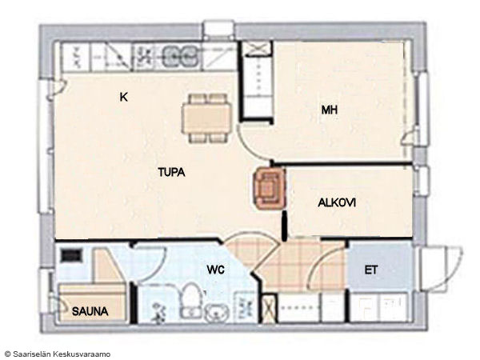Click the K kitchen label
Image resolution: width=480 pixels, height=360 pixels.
tap(124, 98)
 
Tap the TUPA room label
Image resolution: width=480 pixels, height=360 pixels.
tap(171, 172)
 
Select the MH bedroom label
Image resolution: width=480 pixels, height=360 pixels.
tap(330, 110)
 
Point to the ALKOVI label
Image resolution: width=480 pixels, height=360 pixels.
tap(337, 202)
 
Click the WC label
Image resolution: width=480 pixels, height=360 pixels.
tap(215, 270)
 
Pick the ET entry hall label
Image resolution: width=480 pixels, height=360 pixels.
tap(370, 270)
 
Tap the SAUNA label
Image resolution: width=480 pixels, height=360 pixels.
tap(90, 312)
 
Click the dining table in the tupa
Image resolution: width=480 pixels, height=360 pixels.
tap(207, 118)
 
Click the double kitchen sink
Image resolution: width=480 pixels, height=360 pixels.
tap(180, 56)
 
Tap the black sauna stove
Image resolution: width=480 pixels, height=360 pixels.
tap(72, 255)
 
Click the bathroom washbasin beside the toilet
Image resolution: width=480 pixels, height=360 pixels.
tap(217, 313)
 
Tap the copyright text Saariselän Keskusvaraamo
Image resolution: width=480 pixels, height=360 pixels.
tap(58, 354)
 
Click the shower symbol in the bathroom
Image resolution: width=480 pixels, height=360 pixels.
tap(158, 312)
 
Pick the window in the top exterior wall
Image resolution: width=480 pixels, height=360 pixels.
tap(218, 30)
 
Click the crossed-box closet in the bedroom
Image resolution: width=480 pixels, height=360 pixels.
tap(257, 49)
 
